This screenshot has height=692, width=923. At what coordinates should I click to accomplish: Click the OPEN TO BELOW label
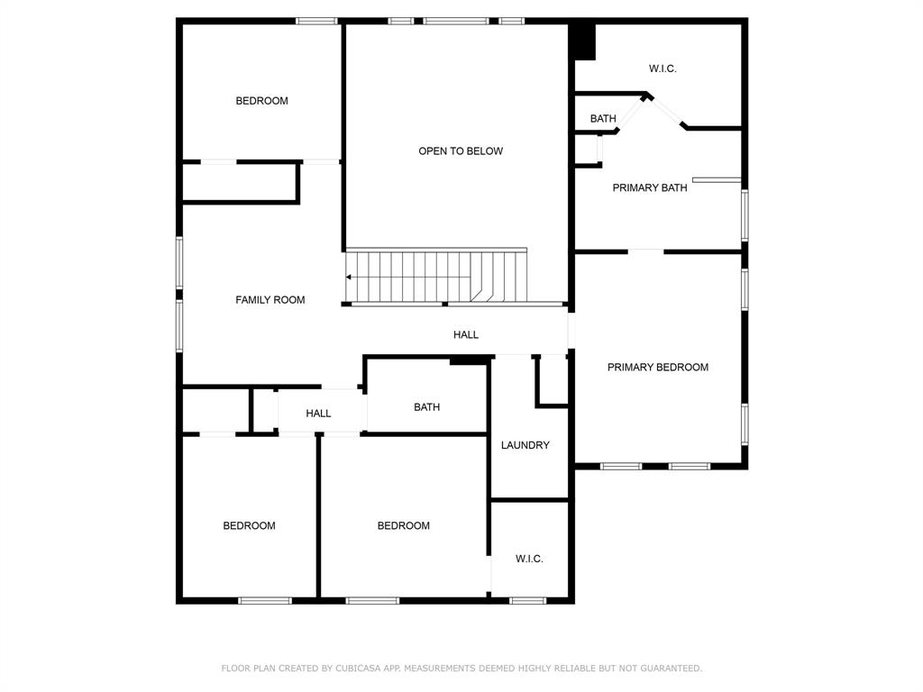pyautogui.click(x=461, y=151)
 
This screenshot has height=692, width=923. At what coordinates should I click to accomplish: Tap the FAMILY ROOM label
pyautogui.click(x=270, y=300)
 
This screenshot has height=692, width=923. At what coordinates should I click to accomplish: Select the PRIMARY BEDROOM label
pyautogui.click(x=657, y=368)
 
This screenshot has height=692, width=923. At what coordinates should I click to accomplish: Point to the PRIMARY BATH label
pyautogui.click(x=650, y=187)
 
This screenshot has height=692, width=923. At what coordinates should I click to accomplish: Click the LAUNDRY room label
pyautogui.click(x=525, y=445)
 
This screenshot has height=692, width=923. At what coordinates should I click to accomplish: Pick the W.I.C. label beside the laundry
pyautogui.click(x=529, y=559)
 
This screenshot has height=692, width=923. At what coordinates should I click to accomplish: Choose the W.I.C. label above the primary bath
pyautogui.click(x=663, y=68)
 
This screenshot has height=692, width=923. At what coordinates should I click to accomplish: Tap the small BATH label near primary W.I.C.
pyautogui.click(x=603, y=119)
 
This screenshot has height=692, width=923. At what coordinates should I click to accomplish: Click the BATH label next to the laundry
pyautogui.click(x=426, y=407)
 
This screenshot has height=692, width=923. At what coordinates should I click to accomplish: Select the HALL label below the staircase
pyautogui.click(x=466, y=335)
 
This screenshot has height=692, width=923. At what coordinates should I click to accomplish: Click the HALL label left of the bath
pyautogui.click(x=318, y=414)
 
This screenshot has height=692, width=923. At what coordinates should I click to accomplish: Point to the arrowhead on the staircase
pyautogui.click(x=349, y=278)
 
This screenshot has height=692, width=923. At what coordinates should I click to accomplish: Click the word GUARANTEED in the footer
pyautogui.click(x=671, y=668)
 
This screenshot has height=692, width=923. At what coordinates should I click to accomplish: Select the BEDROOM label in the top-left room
pyautogui.click(x=262, y=101)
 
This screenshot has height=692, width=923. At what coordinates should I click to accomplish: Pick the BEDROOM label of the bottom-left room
pyautogui.click(x=249, y=526)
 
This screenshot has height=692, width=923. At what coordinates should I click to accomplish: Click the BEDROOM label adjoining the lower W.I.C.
pyautogui.click(x=403, y=526)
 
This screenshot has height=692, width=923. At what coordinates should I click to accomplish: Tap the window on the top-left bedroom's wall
pyautogui.click(x=316, y=22)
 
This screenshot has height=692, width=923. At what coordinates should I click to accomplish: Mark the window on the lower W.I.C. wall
pyautogui.click(x=527, y=601)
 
